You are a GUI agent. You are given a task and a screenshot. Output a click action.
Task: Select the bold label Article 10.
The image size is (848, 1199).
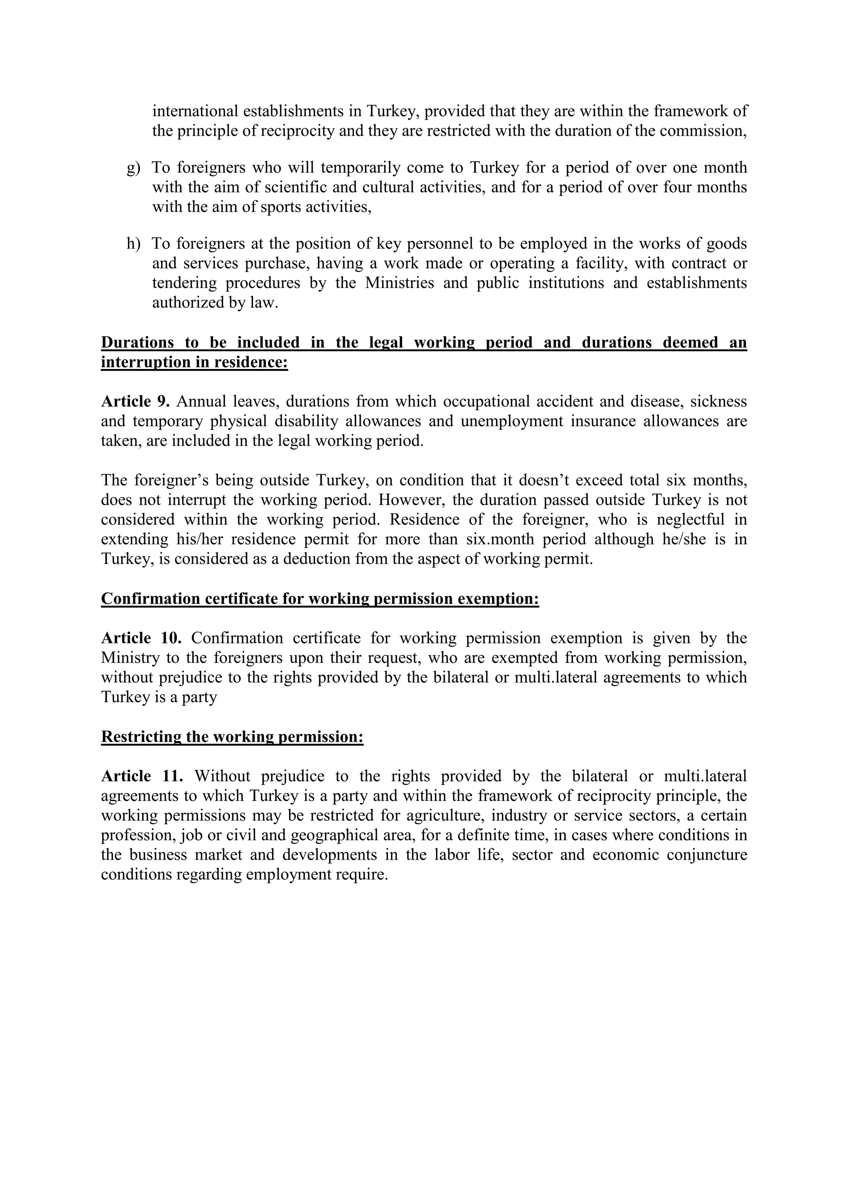(141, 638)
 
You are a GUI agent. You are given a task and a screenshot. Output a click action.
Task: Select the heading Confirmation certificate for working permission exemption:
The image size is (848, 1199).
(320, 598)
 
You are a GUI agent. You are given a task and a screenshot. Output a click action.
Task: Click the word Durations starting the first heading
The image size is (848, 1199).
(137, 342)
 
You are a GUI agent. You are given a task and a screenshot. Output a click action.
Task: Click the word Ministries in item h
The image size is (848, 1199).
(399, 283)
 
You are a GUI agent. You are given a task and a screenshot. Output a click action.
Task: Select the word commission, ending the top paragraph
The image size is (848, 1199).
(703, 131)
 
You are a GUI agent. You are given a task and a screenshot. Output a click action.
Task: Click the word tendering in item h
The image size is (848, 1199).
(183, 283)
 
